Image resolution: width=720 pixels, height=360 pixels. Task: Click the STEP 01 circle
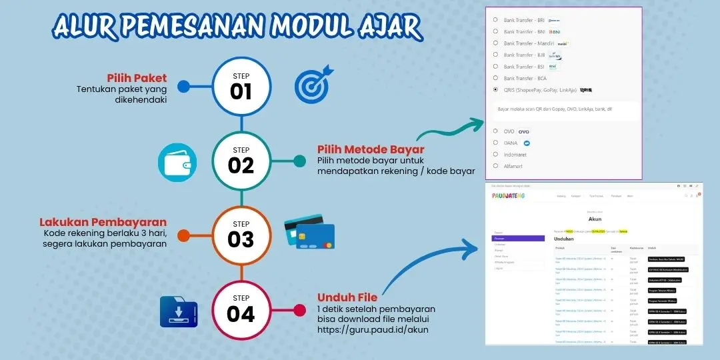241,86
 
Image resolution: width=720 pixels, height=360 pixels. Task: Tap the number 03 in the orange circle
241,239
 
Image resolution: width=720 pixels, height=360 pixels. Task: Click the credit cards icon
309,232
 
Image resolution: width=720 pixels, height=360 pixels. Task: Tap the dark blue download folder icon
179,311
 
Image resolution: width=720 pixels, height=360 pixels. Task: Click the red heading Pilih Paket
137,78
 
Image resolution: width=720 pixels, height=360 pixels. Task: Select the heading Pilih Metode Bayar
371,149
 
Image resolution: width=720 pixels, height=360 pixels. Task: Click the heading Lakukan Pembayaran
103,222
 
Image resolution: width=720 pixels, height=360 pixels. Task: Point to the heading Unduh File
347,297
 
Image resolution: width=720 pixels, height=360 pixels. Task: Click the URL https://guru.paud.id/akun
373,329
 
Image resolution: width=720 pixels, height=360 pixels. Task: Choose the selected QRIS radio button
495,89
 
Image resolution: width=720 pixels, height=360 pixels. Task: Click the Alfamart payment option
515,165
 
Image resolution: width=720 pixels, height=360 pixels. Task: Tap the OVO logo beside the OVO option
523,131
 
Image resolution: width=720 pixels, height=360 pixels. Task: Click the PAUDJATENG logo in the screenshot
509,195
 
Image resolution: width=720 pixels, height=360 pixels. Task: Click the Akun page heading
595,218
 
